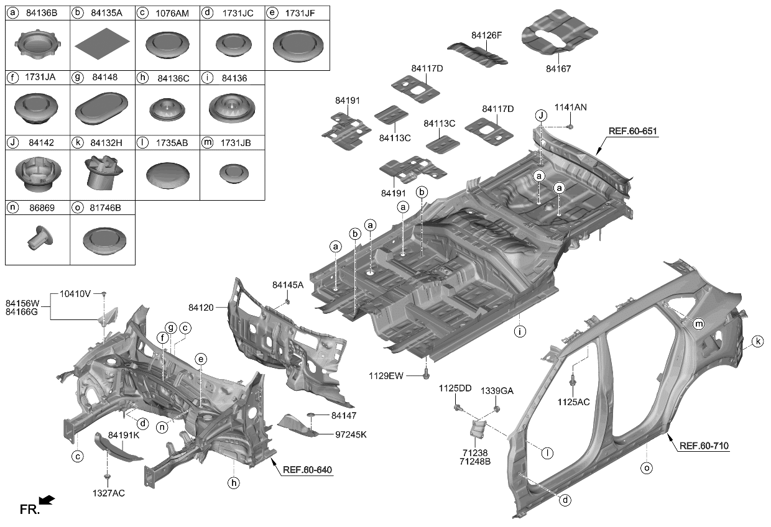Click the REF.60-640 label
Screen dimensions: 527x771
pyautogui.click(x=308, y=470)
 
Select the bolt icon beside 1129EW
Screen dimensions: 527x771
pyautogui.click(x=426, y=374)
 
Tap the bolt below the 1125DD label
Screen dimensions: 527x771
pyautogui.click(x=457, y=408)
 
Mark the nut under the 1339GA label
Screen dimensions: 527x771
pyautogui.click(x=497, y=408)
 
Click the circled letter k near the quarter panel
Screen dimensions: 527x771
pyautogui.click(x=757, y=341)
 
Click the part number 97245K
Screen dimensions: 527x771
pyautogui.click(x=351, y=434)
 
